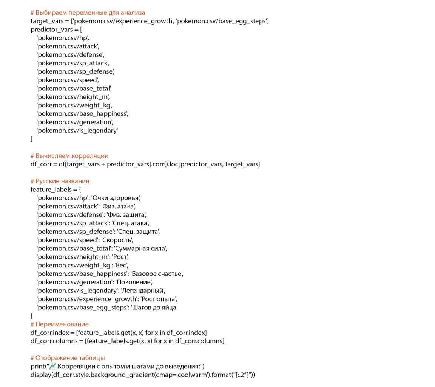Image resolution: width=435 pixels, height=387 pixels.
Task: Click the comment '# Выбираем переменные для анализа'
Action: tap(88, 12)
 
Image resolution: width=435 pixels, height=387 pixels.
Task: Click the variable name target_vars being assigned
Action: tap(47, 21)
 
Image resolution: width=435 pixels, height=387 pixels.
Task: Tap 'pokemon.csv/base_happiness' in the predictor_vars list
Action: tap(82, 113)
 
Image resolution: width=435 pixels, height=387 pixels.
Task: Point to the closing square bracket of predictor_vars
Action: tap(32, 139)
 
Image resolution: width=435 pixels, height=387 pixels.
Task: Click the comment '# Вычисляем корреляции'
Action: tap(69, 155)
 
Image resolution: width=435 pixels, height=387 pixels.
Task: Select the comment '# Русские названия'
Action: tap(60, 181)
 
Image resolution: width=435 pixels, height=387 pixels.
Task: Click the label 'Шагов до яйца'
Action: tap(154, 308)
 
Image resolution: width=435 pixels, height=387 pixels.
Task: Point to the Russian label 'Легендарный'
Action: tap(142, 291)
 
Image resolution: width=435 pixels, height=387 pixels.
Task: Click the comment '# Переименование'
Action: tap(60, 324)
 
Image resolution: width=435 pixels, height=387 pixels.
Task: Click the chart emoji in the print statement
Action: tap(53, 366)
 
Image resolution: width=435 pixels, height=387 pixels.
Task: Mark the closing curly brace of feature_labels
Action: tap(32, 316)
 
